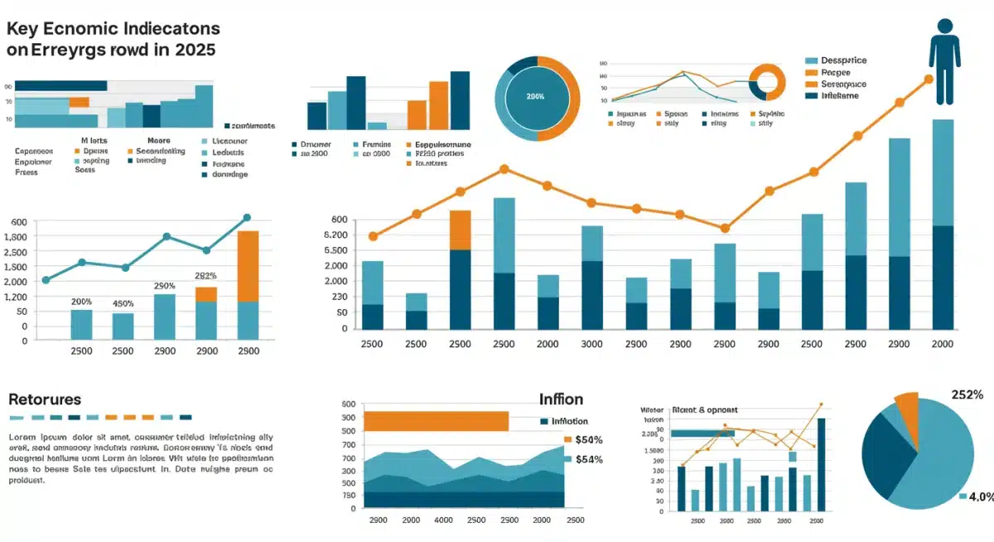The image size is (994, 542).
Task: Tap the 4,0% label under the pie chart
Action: tap(981, 496)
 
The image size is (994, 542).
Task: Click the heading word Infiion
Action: tap(561, 399)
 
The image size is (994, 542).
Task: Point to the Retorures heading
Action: tap(45, 399)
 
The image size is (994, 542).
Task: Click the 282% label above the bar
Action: tap(205, 276)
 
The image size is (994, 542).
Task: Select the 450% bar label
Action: tap(123, 303)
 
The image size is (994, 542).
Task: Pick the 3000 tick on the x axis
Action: tap(591, 344)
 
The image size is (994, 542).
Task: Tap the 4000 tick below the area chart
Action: tap(443, 520)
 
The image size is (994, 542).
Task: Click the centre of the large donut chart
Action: tap(536, 97)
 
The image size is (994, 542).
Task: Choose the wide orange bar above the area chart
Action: tap(436, 421)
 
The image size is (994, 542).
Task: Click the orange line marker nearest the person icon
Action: tap(928, 80)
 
